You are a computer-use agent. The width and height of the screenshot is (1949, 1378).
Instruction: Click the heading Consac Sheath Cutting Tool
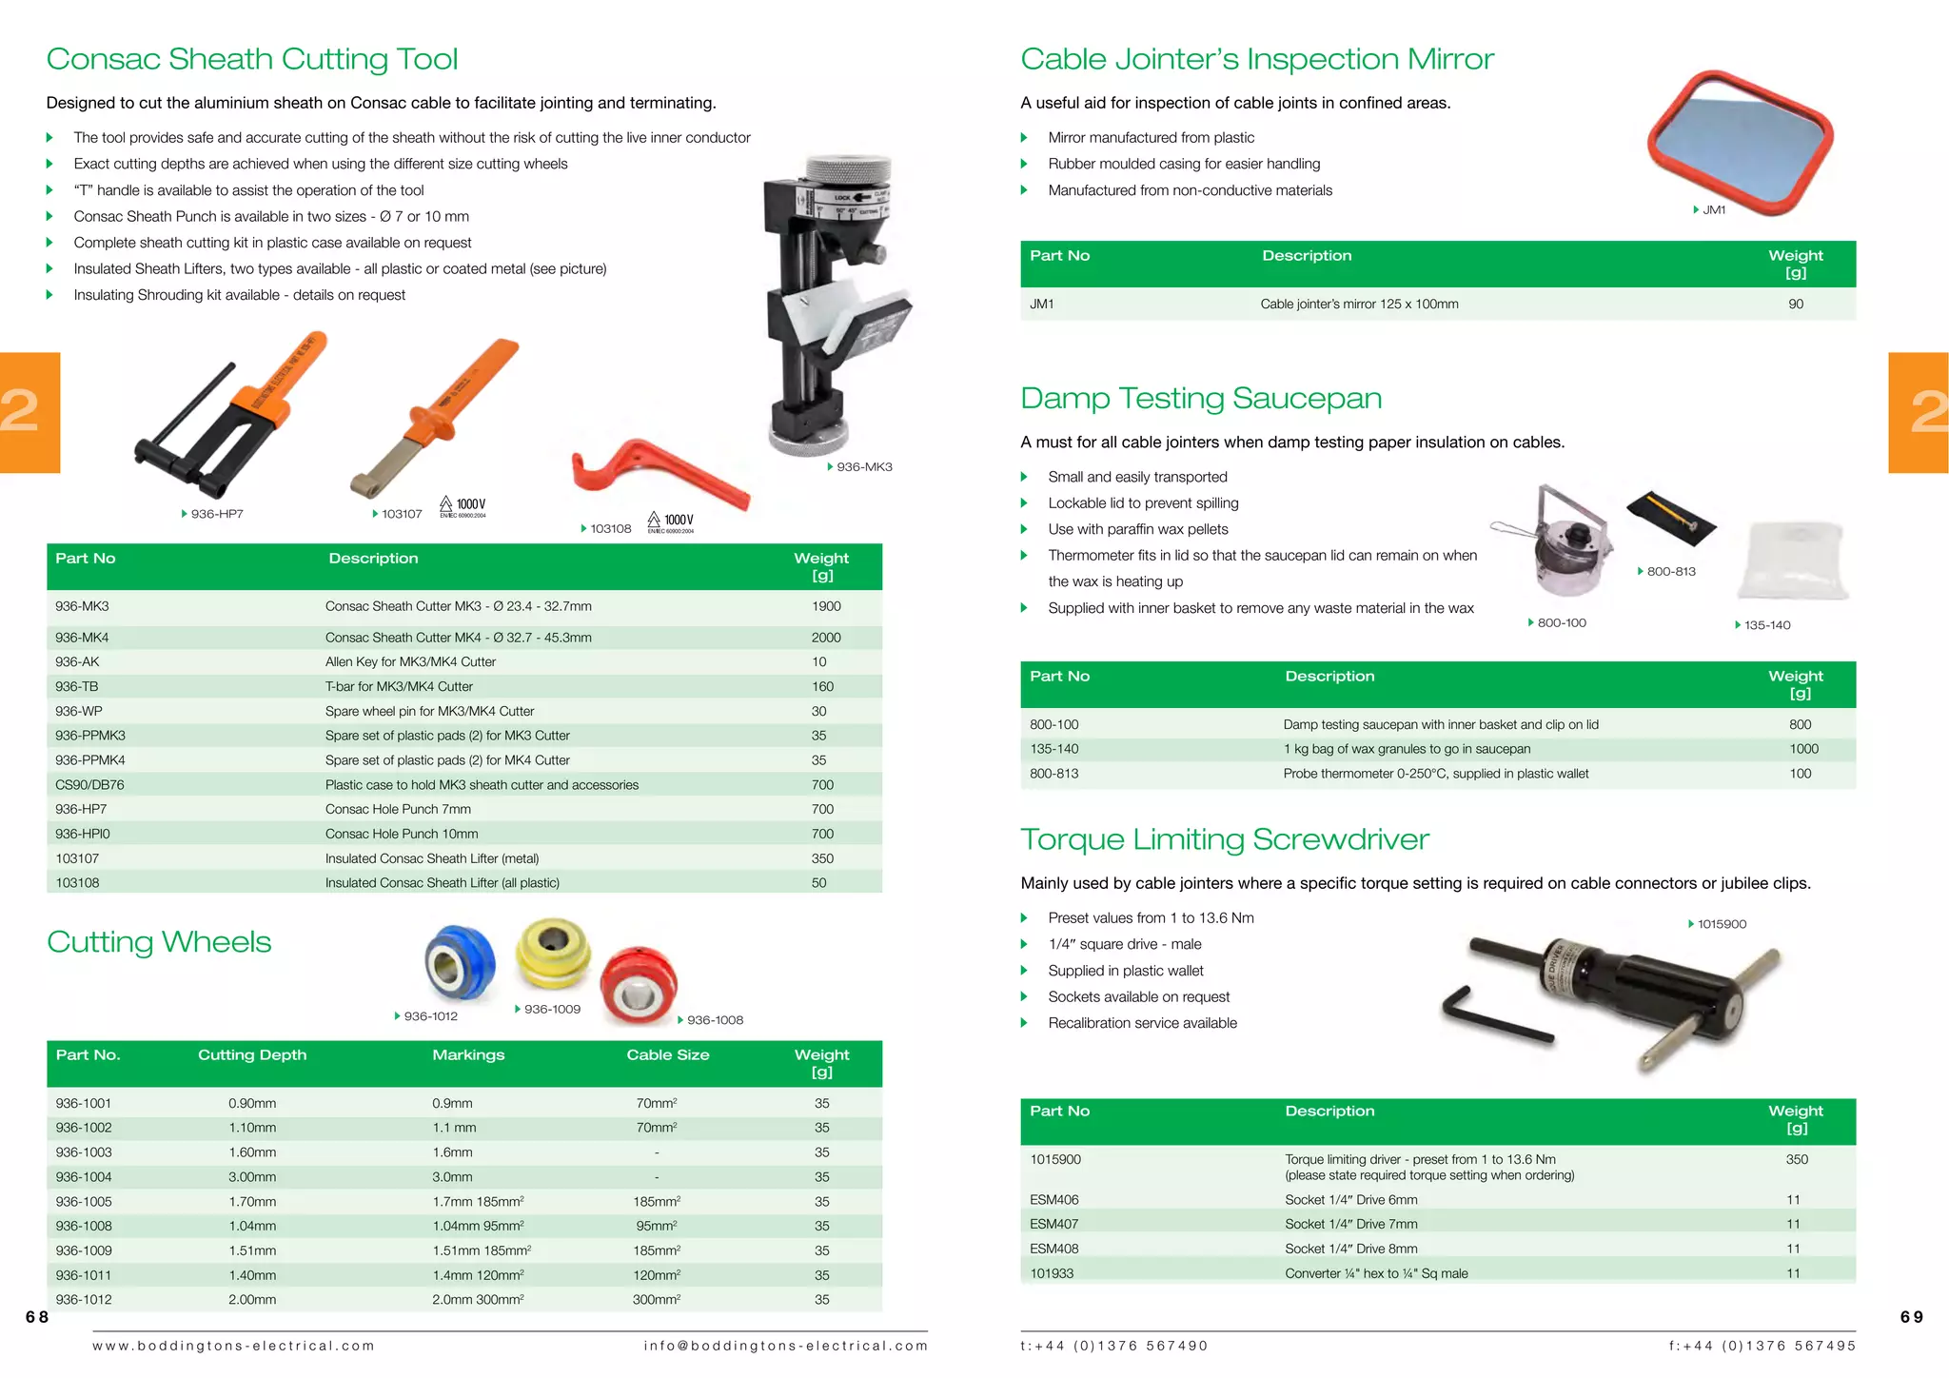click(252, 59)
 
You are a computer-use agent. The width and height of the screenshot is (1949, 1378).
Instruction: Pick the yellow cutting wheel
click(553, 954)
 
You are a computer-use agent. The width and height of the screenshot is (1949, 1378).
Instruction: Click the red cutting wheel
click(639, 985)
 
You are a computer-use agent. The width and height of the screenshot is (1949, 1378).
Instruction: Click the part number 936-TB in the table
click(77, 686)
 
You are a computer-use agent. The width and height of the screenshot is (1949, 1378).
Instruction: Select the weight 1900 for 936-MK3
click(825, 606)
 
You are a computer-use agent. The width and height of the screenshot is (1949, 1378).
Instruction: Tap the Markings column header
click(468, 1054)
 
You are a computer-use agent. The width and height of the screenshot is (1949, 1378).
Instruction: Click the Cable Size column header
click(667, 1054)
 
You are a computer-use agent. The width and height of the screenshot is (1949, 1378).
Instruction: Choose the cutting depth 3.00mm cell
click(252, 1177)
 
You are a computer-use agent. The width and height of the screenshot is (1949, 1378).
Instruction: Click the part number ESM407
click(1053, 1224)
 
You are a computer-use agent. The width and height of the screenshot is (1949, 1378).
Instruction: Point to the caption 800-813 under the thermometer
click(1670, 572)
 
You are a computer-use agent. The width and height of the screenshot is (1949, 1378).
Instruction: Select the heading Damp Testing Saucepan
click(1201, 398)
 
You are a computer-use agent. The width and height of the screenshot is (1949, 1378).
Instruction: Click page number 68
click(37, 1317)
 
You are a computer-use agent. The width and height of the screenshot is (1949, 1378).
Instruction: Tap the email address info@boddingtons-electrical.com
click(785, 1346)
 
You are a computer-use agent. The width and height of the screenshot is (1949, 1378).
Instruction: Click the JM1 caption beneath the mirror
click(1713, 210)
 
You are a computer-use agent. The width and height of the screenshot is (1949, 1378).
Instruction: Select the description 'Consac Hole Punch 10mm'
click(402, 834)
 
